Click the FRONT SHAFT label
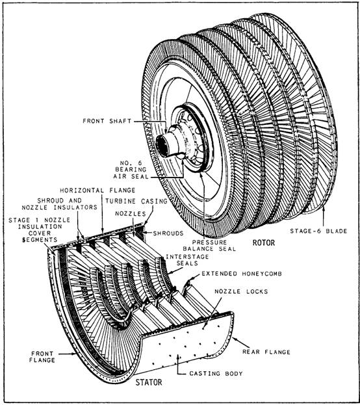[x=107, y=121]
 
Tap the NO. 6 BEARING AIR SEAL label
[x=131, y=170]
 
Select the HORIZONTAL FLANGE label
[x=97, y=190]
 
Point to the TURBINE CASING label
[x=136, y=201]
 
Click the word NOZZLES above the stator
[x=131, y=214]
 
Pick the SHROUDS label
[x=168, y=233]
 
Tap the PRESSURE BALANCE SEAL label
[x=209, y=246]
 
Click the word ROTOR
[x=263, y=242]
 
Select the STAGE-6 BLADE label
[x=318, y=231]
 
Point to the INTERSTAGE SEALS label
[x=187, y=260]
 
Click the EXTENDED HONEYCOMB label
[x=242, y=274]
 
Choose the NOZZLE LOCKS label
[x=241, y=291]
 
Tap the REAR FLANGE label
[x=266, y=352]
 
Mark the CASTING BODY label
[x=216, y=374]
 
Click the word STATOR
[x=149, y=382]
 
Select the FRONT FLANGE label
[x=42, y=357]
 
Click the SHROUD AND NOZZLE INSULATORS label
[x=59, y=203]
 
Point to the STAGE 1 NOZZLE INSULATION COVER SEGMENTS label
[x=39, y=230]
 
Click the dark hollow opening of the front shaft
[x=162, y=146]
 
